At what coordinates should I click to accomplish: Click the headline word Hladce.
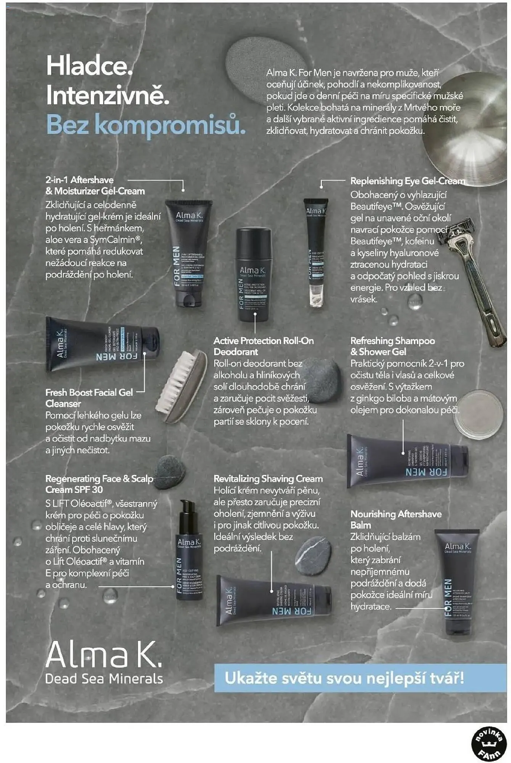click(89, 66)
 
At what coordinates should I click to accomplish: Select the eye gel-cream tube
click(316, 252)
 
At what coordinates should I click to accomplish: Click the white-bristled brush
click(182, 385)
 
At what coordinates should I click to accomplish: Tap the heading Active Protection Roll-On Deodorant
click(263, 346)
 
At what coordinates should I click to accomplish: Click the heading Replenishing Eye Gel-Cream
click(407, 181)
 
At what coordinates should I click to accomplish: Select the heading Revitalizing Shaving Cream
click(268, 478)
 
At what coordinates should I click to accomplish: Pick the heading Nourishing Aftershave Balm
click(395, 519)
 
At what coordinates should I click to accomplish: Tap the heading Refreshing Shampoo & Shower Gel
click(392, 346)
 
